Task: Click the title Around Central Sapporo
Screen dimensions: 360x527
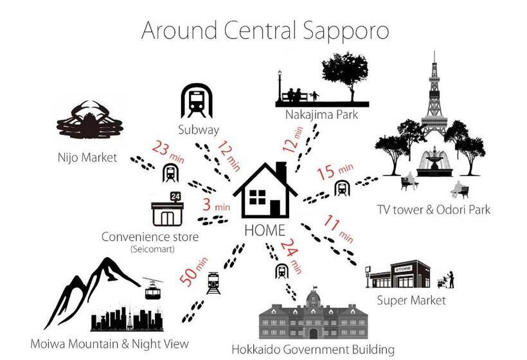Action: pos(265,30)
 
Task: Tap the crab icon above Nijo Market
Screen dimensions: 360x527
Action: pos(89,122)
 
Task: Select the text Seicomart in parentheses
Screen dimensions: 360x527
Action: pos(150,249)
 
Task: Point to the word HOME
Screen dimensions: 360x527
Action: pos(265,230)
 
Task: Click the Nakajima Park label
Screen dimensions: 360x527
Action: pos(321,115)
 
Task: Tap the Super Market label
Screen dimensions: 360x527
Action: pos(411,300)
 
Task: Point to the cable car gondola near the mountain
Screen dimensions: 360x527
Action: pos(152,291)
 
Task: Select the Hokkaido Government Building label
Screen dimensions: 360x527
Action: pos(313,350)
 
